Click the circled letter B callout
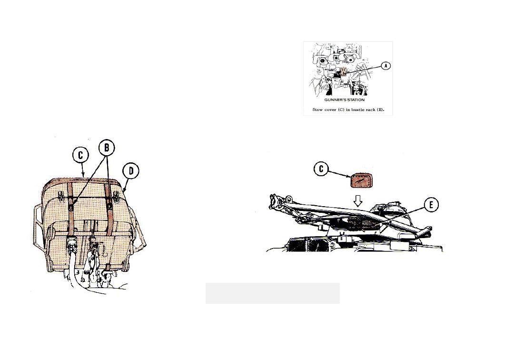107,148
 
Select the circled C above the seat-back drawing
80,155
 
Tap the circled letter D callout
131,171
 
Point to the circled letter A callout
386,66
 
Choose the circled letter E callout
431,205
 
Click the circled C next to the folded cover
321,169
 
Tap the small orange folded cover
362,180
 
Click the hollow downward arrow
358,200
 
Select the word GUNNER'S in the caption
334,100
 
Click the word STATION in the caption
355,100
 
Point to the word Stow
317,110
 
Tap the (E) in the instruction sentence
381,110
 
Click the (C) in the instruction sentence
341,110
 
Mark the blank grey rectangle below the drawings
272,293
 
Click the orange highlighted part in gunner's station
343,71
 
